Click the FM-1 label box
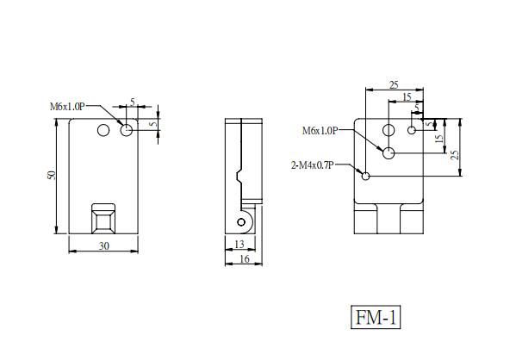click(376, 317)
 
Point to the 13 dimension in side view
click(239, 245)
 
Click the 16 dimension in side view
click(244, 259)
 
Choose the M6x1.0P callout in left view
click(67, 107)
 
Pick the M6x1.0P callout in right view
click(320, 131)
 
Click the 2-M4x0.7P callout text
click(313, 164)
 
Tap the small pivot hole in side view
click(241, 222)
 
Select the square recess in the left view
click(103, 219)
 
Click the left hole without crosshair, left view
click(103, 130)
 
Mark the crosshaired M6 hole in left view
click(127, 130)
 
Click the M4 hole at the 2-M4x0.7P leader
click(365, 177)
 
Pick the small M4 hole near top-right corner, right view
click(412, 130)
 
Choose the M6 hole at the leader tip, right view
click(389, 153)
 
